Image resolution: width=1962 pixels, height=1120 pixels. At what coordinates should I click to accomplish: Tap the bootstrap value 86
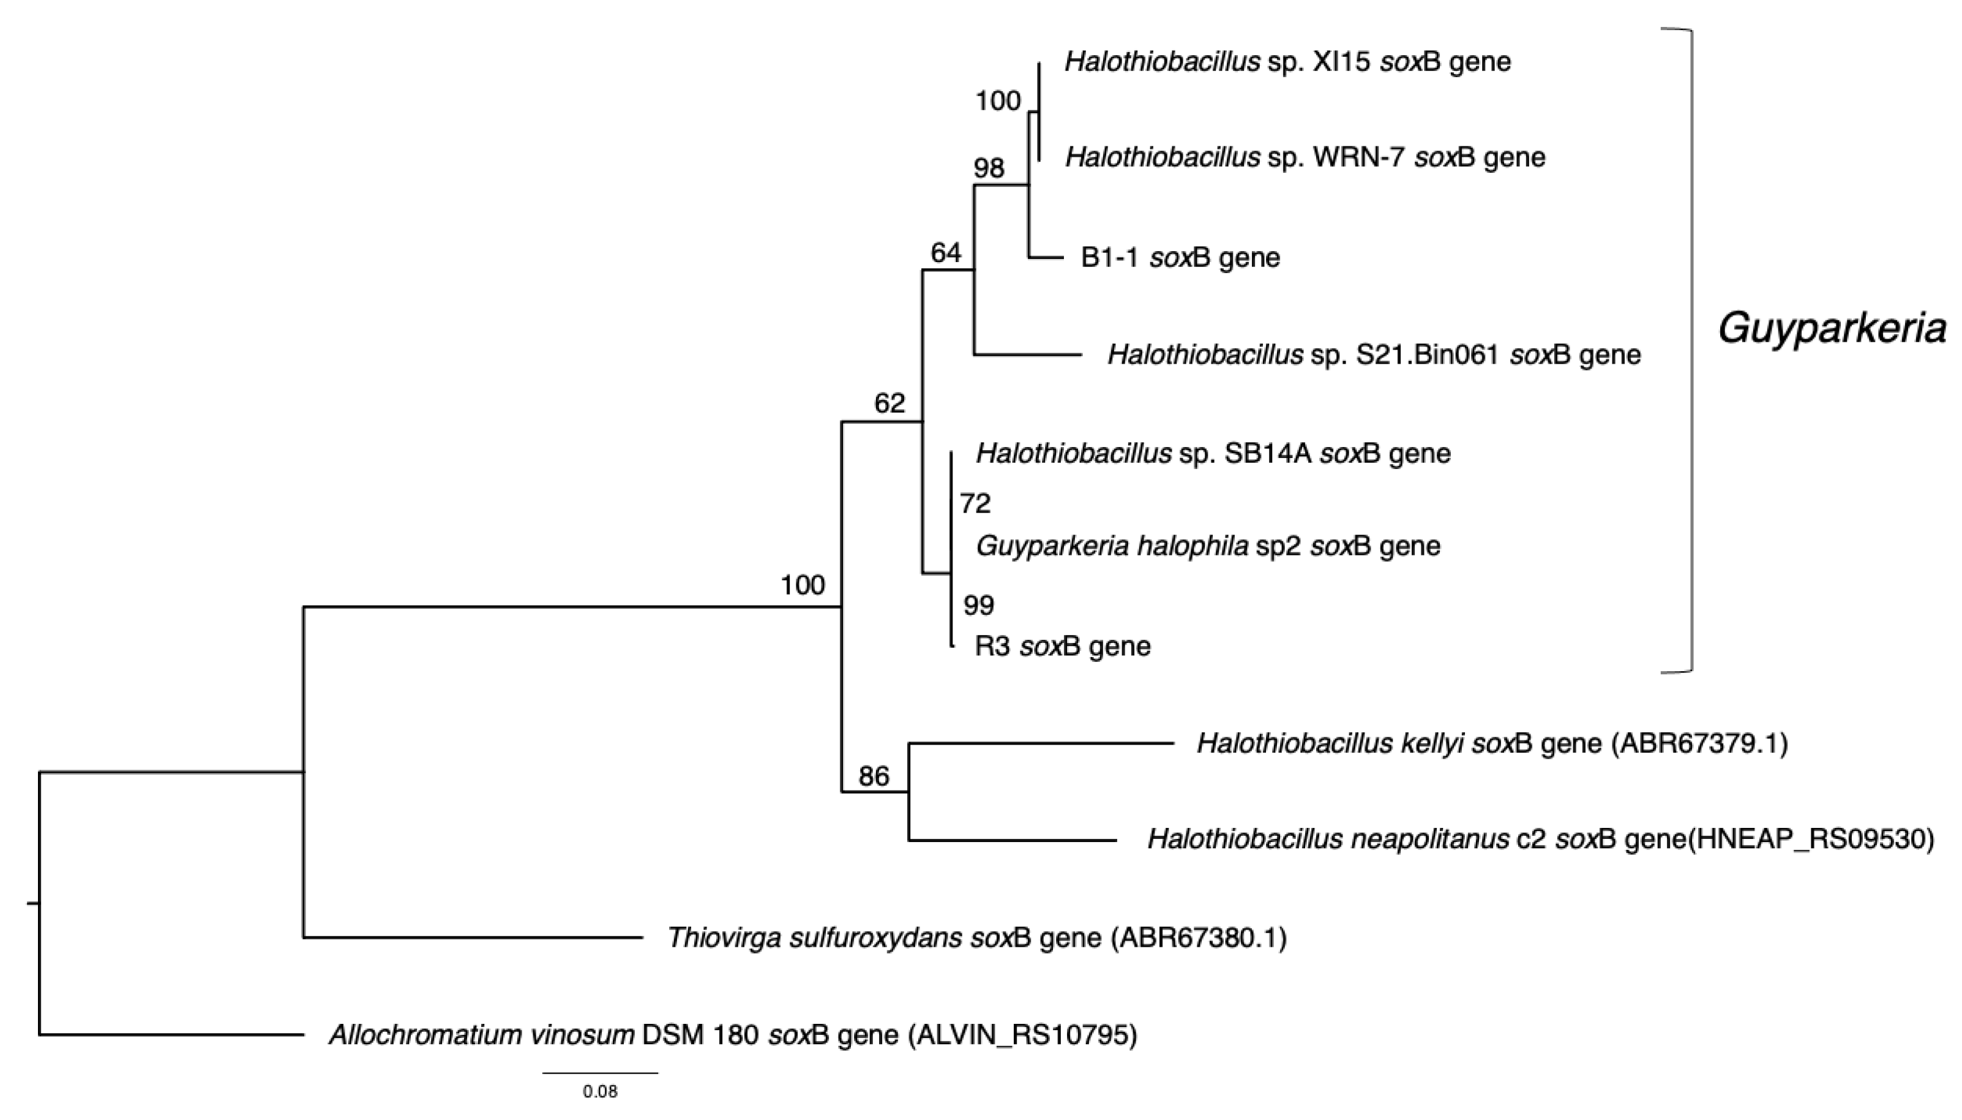(x=874, y=776)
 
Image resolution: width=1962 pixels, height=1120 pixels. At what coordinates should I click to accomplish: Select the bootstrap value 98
(x=989, y=168)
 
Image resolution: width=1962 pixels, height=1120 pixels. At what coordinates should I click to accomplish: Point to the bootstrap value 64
(x=946, y=252)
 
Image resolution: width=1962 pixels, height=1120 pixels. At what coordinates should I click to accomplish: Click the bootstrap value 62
(x=889, y=402)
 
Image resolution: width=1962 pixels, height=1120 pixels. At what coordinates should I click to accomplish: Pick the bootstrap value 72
(x=975, y=503)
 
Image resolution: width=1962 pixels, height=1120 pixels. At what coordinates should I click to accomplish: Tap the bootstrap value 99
(x=979, y=606)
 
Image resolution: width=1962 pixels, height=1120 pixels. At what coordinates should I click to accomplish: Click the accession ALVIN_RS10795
(x=1022, y=1035)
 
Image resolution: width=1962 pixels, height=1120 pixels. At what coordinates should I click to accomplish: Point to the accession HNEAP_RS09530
(x=1810, y=838)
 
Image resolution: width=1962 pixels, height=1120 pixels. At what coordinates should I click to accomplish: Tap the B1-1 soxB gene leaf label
(x=1180, y=257)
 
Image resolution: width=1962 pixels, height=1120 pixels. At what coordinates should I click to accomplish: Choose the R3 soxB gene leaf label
(x=1063, y=645)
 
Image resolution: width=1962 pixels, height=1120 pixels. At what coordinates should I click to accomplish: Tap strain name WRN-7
(x=1359, y=157)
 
